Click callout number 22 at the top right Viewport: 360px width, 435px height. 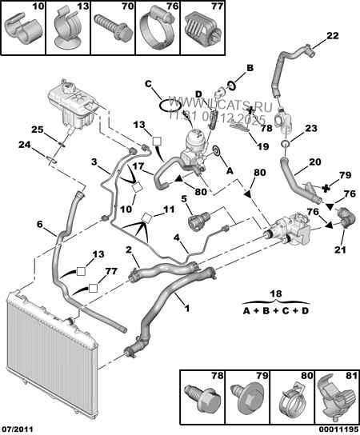[x=332, y=34]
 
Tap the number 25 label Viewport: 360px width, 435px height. [x=37, y=130]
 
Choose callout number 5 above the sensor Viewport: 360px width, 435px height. [x=184, y=199]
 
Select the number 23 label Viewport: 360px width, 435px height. [x=311, y=129]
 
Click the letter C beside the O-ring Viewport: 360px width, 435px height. [x=149, y=83]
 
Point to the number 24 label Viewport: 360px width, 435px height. [x=25, y=146]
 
